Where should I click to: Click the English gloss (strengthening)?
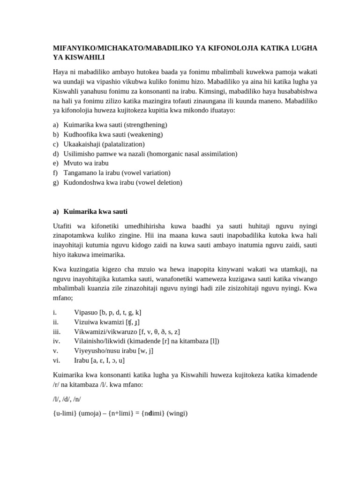(x=145, y=125)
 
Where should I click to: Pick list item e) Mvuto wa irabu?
(x=86, y=163)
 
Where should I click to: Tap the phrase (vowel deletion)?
(x=159, y=182)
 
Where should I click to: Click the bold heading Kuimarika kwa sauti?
(x=95, y=211)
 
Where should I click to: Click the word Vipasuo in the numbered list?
(x=86, y=312)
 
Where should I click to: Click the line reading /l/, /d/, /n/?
(x=67, y=399)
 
